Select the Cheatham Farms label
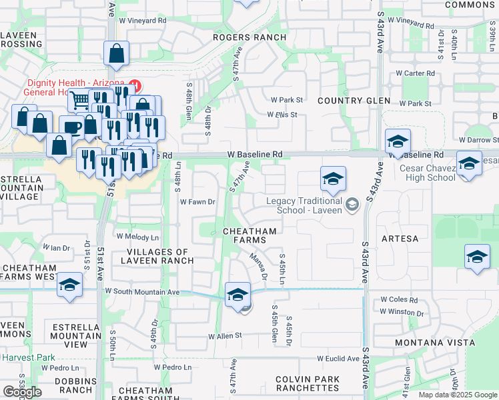pyautogui.click(x=249, y=231)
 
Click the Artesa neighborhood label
pyautogui.click(x=400, y=238)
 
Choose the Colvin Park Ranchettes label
pyautogui.click(x=308, y=383)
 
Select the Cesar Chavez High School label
pyautogui.click(x=428, y=173)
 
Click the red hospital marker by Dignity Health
pyautogui.click(x=135, y=85)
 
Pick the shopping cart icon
pyautogui.click(x=79, y=101)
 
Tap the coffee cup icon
pyautogui.click(x=71, y=127)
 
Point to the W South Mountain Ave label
pyautogui.click(x=142, y=292)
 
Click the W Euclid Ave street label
pyautogui.click(x=338, y=359)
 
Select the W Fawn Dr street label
pyautogui.click(x=198, y=201)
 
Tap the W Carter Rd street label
pyautogui.click(x=415, y=73)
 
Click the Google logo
pyautogui.click(x=22, y=391)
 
